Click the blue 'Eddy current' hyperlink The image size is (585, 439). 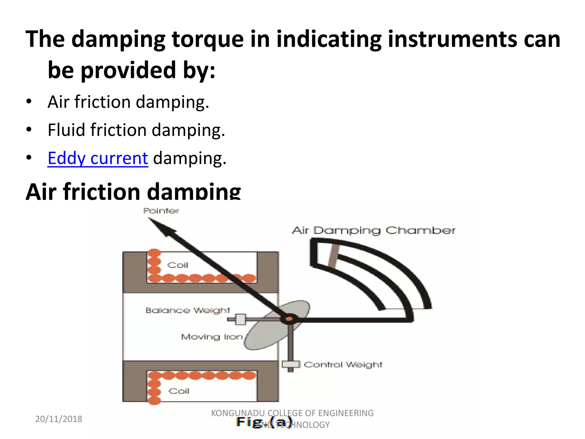pyautogui.click(x=98, y=158)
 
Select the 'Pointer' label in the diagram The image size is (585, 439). pyautogui.click(x=161, y=211)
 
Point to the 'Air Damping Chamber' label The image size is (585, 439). pyautogui.click(x=374, y=230)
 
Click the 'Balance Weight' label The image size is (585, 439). pyautogui.click(x=188, y=310)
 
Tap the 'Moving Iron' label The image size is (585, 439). pyautogui.click(x=212, y=337)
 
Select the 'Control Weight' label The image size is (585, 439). pyautogui.click(x=343, y=365)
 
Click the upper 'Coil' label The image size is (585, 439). pyautogui.click(x=178, y=265)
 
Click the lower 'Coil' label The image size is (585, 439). pyautogui.click(x=179, y=391)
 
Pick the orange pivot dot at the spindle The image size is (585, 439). pyautogui.click(x=289, y=319)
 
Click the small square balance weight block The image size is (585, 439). pyautogui.click(x=241, y=320)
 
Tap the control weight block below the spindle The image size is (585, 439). pyautogui.click(x=291, y=364)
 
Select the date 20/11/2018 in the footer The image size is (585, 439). pyautogui.click(x=59, y=419)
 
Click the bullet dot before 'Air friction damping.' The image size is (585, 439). pyautogui.click(x=29, y=102)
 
